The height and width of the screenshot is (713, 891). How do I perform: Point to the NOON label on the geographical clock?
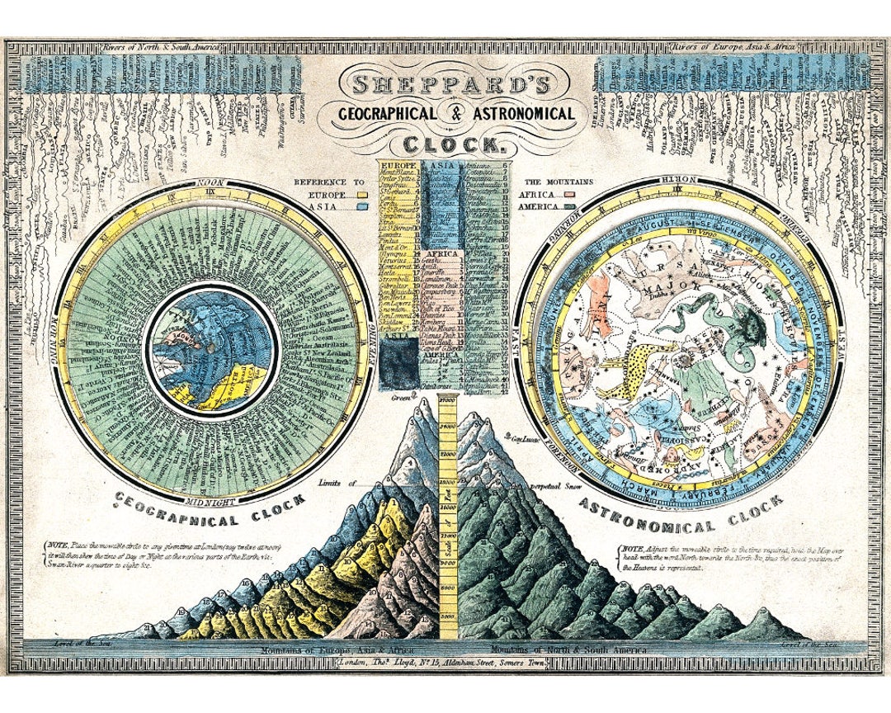[x=211, y=182]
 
